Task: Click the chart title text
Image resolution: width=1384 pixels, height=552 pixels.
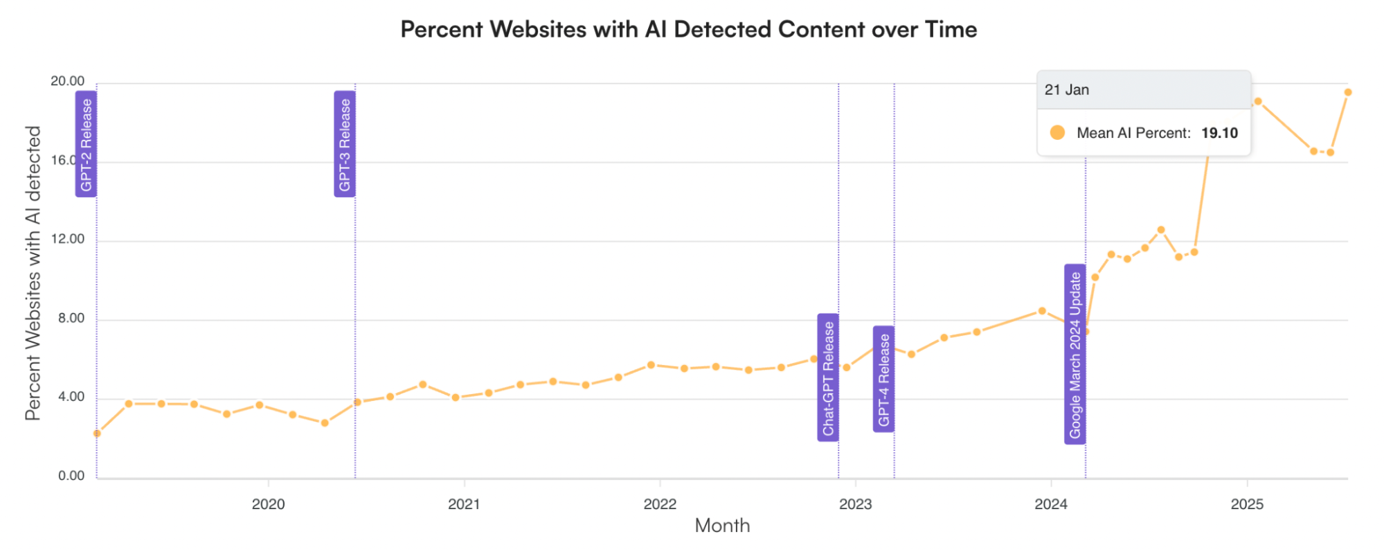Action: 689,30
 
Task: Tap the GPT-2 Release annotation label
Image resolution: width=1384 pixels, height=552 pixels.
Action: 86,144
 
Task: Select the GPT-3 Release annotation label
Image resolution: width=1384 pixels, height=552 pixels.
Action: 345,144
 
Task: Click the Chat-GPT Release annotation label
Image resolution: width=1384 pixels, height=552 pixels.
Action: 828,377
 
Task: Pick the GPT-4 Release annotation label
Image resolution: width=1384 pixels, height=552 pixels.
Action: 883,379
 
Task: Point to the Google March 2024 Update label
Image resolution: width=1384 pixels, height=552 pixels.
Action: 1075,354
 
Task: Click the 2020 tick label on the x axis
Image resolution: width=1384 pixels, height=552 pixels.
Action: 268,504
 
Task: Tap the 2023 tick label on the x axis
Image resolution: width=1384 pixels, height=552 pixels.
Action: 855,504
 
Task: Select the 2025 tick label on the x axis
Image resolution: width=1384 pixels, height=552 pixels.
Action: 1247,504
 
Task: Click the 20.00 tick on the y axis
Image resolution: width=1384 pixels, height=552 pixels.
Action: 67,81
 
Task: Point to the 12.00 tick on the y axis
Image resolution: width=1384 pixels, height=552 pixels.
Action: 67,239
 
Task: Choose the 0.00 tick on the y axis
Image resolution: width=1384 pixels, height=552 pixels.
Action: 71,476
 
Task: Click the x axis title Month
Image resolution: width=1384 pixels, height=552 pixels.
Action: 722,526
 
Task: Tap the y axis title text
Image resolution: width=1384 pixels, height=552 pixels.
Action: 33,273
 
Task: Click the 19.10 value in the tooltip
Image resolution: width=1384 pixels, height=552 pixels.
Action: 1219,133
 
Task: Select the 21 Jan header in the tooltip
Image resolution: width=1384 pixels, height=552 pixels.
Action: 1067,90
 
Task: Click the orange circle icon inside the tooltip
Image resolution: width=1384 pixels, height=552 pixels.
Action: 1057,132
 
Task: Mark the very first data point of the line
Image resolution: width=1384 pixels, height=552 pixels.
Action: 97,434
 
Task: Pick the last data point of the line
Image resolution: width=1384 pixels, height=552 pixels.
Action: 1347,92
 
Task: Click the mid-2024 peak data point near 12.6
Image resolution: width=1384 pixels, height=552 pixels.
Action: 1161,230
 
